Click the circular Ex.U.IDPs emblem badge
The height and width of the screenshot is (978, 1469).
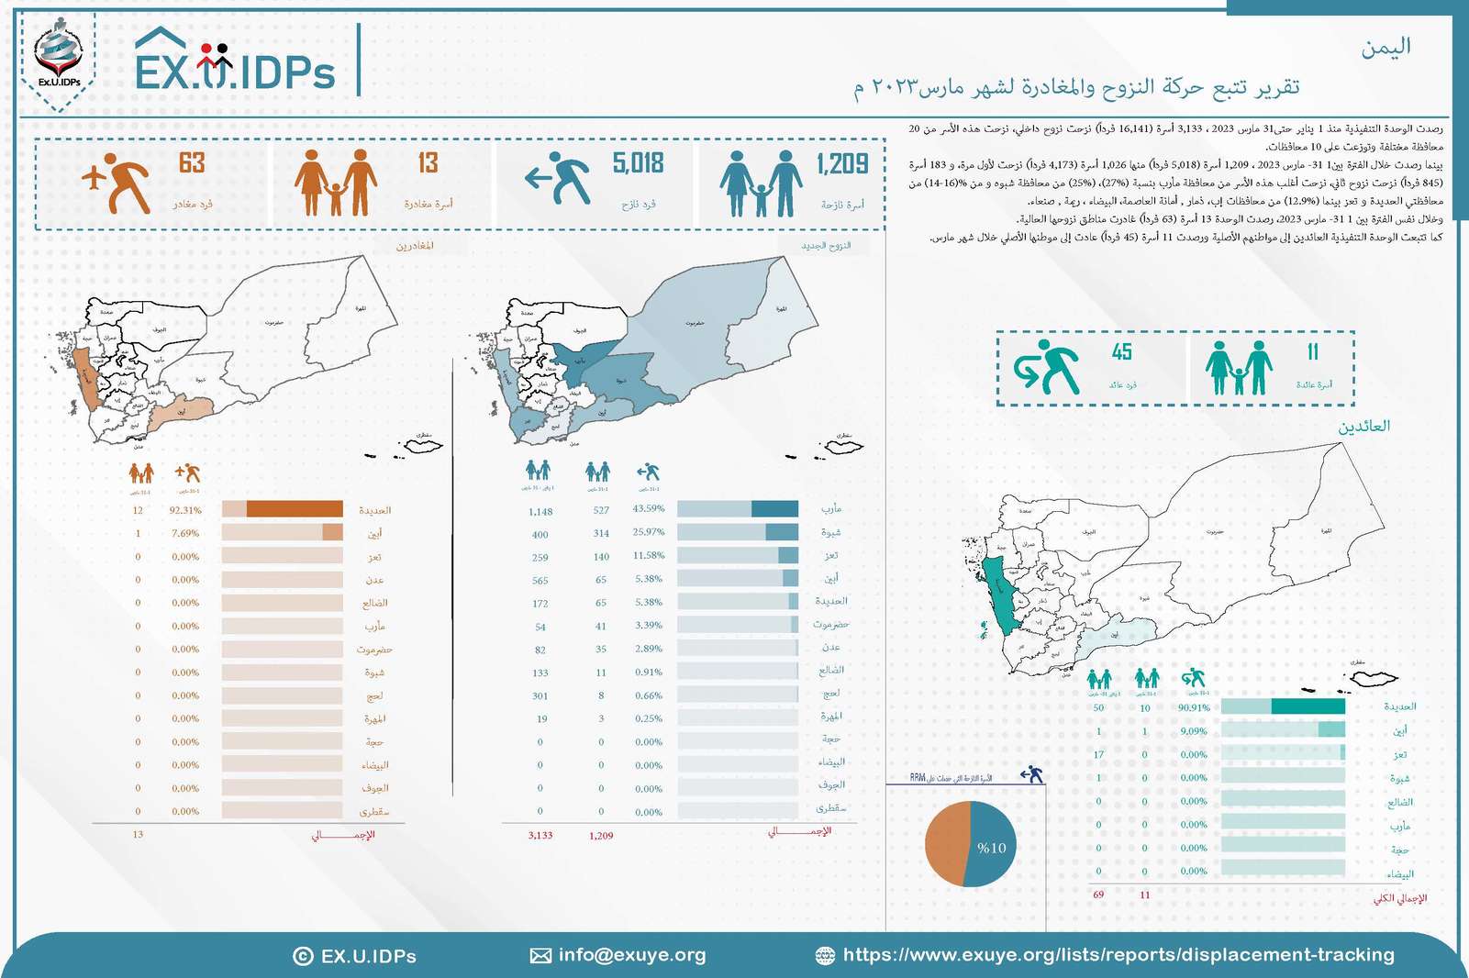pos(59,57)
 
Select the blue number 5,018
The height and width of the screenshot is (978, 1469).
pos(638,163)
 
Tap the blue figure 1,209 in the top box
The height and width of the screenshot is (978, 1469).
pos(842,163)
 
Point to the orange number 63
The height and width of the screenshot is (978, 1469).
pos(192,163)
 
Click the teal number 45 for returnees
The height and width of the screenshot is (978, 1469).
pos(1121,352)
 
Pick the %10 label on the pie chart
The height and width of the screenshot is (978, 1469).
pos(991,848)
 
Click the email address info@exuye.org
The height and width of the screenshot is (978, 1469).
pos(632,955)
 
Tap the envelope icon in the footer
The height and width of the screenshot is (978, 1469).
pos(540,956)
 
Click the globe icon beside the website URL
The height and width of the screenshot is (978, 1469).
pos(825,956)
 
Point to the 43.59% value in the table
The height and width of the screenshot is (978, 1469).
pos(649,508)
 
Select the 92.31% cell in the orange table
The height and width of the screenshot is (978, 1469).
pos(186,510)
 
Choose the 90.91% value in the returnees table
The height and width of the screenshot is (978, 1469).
pos(1194,707)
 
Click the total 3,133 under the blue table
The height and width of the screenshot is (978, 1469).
pos(540,836)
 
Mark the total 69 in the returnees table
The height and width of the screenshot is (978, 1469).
pos(1098,895)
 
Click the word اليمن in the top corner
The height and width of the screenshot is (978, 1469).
pos(1386,47)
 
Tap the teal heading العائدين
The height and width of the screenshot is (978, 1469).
pos(1363,426)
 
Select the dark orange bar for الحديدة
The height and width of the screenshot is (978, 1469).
pos(295,509)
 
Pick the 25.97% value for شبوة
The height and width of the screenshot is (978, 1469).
pos(649,532)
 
